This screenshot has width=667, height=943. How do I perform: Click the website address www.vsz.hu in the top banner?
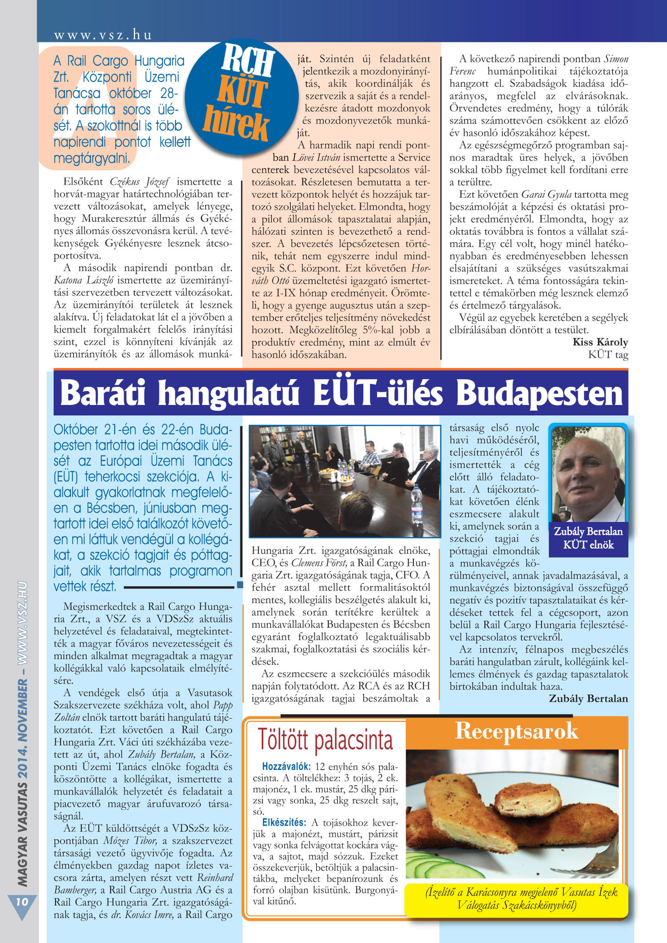tap(103, 35)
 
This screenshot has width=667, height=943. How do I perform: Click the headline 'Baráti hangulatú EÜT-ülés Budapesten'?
tap(341, 393)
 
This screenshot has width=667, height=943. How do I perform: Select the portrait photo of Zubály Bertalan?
tap(588, 474)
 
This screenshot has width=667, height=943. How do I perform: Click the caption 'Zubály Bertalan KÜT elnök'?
tap(588, 538)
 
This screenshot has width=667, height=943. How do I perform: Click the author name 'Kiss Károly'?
tap(600, 342)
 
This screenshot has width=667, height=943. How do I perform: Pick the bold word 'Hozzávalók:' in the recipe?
tap(286, 766)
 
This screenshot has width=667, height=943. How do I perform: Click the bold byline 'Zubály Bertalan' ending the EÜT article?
tap(588, 698)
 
